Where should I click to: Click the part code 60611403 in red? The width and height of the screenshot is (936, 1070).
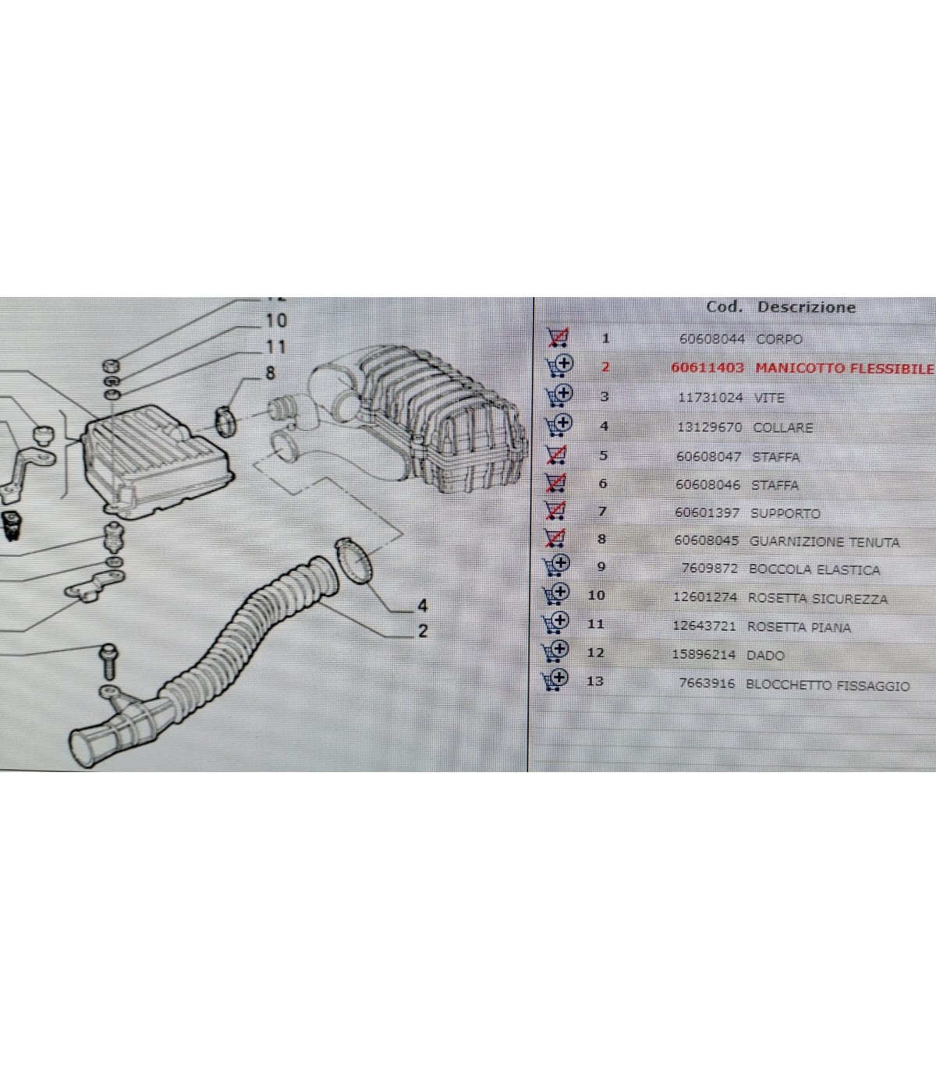pos(707,367)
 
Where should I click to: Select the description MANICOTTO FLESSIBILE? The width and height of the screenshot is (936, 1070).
pos(845,368)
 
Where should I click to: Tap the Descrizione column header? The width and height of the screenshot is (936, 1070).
pos(807,307)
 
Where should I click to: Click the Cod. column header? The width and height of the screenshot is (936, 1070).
pos(724,307)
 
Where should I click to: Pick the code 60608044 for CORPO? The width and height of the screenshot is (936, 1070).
pos(711,339)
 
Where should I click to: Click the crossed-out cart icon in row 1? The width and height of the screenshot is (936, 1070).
pos(558,338)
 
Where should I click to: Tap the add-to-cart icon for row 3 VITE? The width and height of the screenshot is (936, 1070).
pos(558,396)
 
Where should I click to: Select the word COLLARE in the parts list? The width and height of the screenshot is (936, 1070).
pos(783,427)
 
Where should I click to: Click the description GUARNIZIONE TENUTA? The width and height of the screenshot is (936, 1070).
pos(824,542)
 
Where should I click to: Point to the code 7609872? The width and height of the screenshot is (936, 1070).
pos(709,568)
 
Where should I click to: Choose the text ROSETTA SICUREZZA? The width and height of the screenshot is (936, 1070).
pos(817,598)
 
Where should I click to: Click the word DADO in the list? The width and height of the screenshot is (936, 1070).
pos(765,655)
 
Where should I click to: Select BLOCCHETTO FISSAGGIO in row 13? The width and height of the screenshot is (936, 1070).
pos(828,685)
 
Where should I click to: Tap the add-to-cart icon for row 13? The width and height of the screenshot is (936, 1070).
pos(555,679)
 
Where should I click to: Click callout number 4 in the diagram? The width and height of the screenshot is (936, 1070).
pos(423,606)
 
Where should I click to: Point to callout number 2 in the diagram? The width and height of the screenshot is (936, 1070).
pos(423,631)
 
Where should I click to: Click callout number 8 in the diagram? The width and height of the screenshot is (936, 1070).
pos(270,373)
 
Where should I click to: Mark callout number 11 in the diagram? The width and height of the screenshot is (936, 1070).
pos(275,347)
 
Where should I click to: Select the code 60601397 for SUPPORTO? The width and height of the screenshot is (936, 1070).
pos(707,512)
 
